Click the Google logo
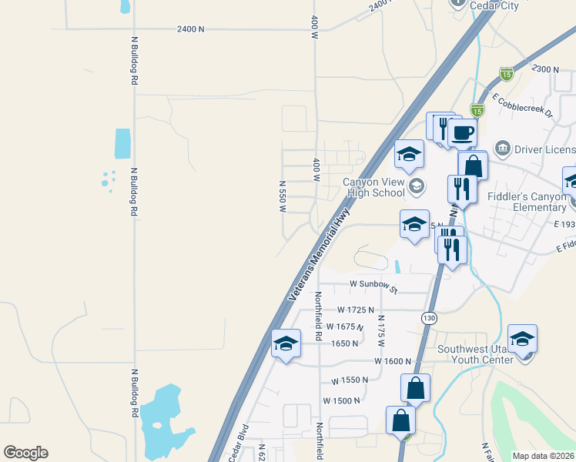(x=25, y=453)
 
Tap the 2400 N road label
(x=190, y=29)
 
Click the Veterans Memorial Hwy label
(x=320, y=253)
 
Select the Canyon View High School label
(x=373, y=187)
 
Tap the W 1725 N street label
(x=356, y=310)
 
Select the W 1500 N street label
(x=342, y=400)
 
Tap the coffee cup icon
(x=464, y=132)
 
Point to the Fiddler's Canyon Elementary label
(x=527, y=202)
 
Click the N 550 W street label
(x=283, y=197)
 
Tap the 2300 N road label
(x=545, y=69)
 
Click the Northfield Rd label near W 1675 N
(x=317, y=316)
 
